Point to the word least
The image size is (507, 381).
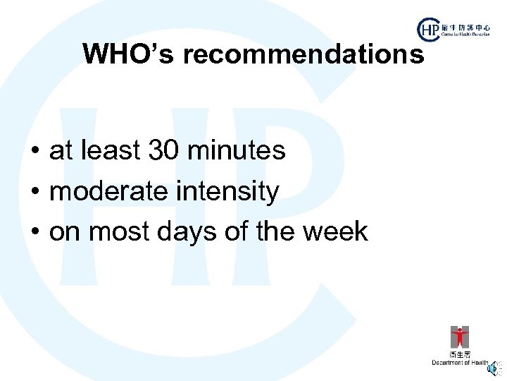point(110,150)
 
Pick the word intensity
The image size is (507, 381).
point(232,191)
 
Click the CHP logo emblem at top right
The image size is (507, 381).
point(428,30)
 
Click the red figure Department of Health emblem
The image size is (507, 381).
point(460,337)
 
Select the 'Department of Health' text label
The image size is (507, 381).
point(460,363)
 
